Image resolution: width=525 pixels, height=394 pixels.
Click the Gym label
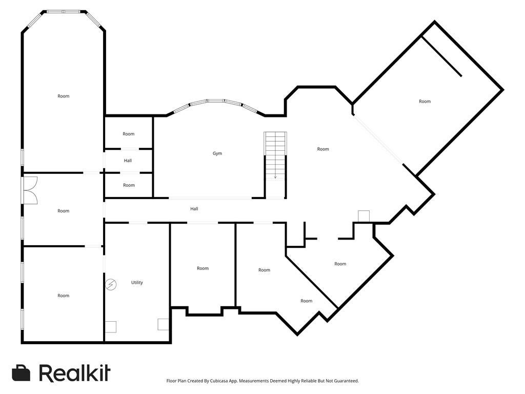coord(217,153)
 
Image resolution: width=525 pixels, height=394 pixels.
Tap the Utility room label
coord(137,283)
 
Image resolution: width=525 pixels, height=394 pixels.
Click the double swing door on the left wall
coord(29,190)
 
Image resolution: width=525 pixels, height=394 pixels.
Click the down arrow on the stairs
coord(275,176)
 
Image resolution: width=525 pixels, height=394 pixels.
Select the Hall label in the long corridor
coord(194,209)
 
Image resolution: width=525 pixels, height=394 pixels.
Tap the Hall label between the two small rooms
coord(128,161)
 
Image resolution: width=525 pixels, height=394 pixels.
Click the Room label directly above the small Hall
coord(128,134)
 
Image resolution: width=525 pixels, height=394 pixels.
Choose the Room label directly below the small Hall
coord(129,185)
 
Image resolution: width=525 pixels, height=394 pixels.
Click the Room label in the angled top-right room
coord(425,102)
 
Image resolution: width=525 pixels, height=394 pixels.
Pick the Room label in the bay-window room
coord(63,96)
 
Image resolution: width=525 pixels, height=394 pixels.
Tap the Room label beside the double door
coord(63,211)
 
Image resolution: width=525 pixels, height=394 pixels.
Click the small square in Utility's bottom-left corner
coord(111,326)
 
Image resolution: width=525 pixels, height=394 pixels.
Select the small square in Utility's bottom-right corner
coord(163,324)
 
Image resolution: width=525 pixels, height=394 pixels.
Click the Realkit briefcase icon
coord(21,373)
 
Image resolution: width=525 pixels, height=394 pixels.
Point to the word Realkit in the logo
coord(74,373)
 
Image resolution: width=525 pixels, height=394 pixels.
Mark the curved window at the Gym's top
coord(215,103)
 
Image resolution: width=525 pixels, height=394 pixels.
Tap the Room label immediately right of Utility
coord(203,268)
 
